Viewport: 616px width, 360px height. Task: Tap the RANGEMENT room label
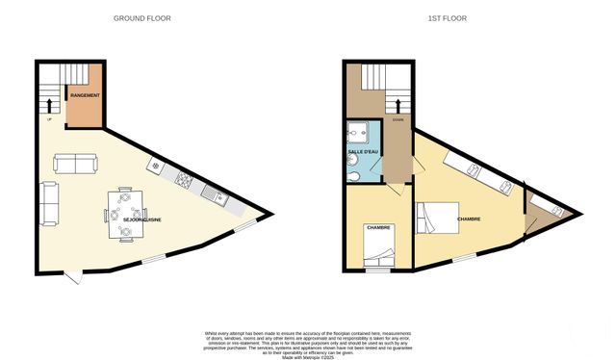pos(85,96)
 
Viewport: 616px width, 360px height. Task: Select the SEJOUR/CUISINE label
pos(141,220)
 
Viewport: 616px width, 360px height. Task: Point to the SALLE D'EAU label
pos(363,153)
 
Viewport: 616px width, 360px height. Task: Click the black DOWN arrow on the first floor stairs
pos(396,106)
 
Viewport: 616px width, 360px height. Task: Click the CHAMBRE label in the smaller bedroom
pos(378,227)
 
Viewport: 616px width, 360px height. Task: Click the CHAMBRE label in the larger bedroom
pos(469,219)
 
